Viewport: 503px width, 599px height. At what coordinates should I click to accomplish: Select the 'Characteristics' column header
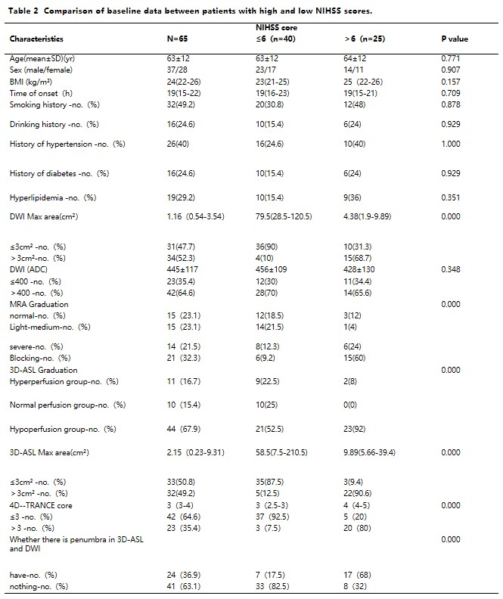coord(36,39)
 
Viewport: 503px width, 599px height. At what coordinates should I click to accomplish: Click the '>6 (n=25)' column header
coord(365,39)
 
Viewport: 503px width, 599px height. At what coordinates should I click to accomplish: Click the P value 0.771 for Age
coord(452,58)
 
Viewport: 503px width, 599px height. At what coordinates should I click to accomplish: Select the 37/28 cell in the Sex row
coord(178,70)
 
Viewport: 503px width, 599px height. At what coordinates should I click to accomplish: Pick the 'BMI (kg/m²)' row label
coord(35,81)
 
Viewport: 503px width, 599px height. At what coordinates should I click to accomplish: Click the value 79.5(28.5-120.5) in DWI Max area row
coord(286,217)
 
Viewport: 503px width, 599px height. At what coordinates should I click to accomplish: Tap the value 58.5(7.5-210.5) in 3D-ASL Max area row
coord(286,452)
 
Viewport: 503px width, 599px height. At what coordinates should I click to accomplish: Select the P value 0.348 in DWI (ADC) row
coord(452,270)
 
